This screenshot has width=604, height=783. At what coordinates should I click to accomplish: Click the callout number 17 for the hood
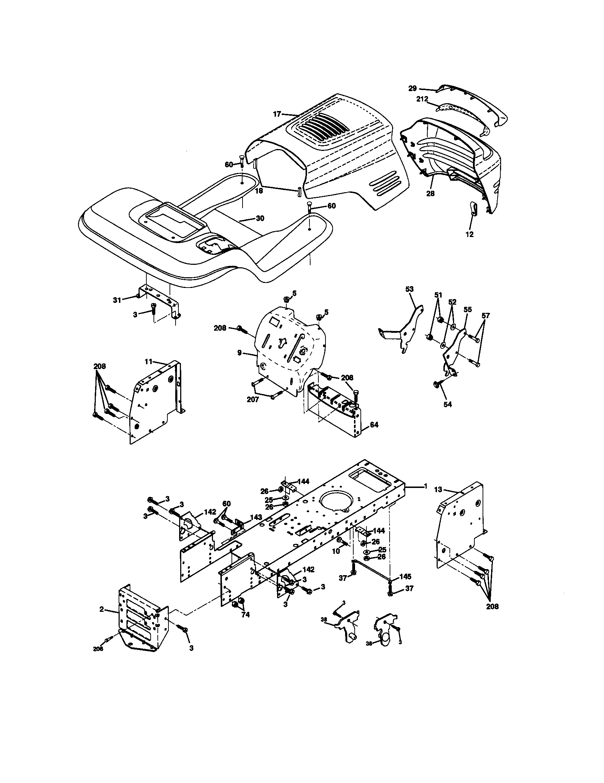276,114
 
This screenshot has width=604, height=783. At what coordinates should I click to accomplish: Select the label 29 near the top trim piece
412,88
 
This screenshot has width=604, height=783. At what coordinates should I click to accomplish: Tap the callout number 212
422,99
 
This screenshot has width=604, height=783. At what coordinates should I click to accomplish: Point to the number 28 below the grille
430,193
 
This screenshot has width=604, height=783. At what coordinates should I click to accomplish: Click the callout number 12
469,235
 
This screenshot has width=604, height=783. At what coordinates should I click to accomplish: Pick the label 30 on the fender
260,218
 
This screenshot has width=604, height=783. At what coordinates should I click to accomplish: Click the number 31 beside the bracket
117,300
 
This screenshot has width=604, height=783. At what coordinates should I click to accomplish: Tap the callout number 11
149,362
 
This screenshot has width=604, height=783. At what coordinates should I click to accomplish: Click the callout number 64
374,425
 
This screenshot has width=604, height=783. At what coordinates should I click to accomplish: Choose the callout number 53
409,289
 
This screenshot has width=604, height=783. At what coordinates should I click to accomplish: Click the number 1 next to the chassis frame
425,486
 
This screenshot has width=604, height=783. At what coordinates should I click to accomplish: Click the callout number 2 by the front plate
101,609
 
